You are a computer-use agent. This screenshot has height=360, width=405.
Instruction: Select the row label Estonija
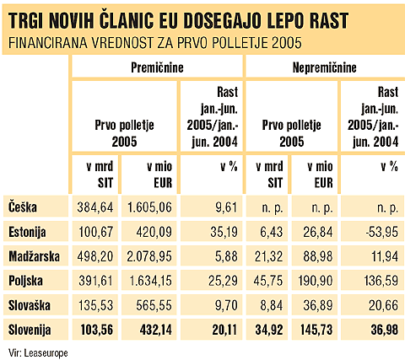(x=28, y=230)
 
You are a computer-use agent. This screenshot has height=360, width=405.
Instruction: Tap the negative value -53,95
(x=380, y=230)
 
